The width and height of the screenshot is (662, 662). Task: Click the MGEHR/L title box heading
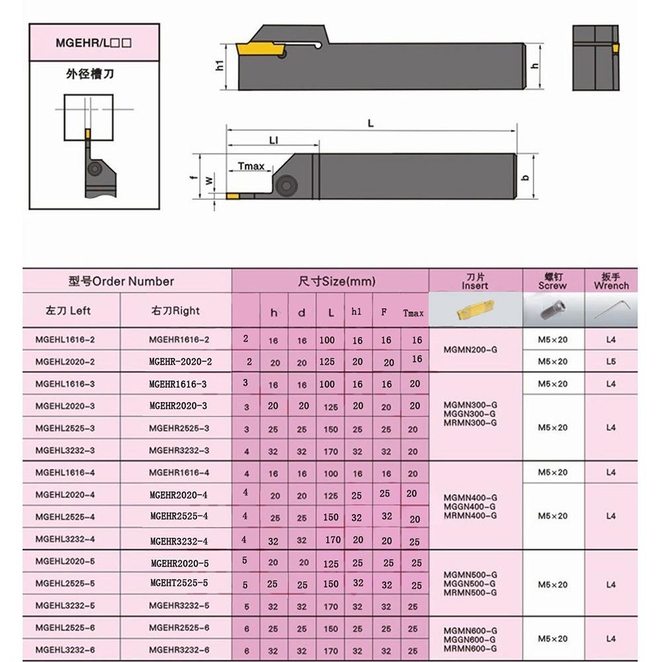pyautogui.click(x=95, y=43)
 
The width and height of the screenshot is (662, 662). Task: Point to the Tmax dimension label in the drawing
pyautogui.click(x=251, y=167)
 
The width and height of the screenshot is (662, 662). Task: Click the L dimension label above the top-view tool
pyautogui.click(x=371, y=124)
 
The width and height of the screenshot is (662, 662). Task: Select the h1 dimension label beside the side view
pyautogui.click(x=220, y=65)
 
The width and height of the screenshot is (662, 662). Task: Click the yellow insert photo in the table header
pyautogui.click(x=475, y=311)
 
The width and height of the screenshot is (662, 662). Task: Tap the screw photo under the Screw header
pyautogui.click(x=553, y=310)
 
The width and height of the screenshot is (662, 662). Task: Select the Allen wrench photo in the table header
pyautogui.click(x=610, y=310)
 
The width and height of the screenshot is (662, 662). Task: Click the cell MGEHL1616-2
pyautogui.click(x=65, y=339)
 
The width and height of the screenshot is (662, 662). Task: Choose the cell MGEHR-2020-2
pyautogui.click(x=180, y=362)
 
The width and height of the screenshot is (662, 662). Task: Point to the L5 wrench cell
pyautogui.click(x=610, y=362)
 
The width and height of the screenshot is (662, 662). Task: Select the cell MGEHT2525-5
pyautogui.click(x=179, y=583)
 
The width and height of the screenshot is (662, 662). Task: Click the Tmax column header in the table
pyautogui.click(x=413, y=313)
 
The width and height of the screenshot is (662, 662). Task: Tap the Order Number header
pyautogui.click(x=121, y=281)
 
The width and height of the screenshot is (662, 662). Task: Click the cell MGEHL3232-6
pyautogui.click(x=65, y=650)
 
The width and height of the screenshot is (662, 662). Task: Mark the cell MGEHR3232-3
pyautogui.click(x=179, y=450)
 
